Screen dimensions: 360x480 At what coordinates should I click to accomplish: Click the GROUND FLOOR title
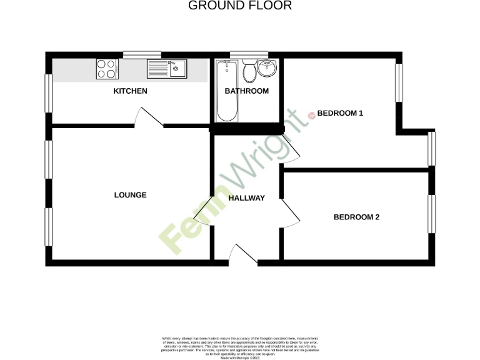240,6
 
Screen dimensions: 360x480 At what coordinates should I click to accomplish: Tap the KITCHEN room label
130,91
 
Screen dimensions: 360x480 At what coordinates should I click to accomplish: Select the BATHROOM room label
247,91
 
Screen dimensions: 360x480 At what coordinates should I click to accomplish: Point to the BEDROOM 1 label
340,113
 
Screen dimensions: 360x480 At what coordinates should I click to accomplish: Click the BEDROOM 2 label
356,217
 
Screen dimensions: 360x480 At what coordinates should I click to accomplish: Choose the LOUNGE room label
130,195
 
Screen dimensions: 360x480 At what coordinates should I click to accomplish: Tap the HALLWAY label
246,198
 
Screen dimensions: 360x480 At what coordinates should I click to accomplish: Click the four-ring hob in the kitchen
107,69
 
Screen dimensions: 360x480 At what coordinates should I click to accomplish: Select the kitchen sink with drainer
167,69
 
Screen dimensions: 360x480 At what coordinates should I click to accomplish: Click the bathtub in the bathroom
226,91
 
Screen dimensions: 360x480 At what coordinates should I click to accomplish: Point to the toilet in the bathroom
249,71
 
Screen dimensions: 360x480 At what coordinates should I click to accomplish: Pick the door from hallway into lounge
203,212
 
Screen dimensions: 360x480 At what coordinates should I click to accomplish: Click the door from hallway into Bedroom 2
291,213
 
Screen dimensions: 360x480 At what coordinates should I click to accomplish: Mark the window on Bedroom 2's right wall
431,215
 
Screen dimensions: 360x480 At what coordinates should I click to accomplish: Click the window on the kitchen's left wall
48,94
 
